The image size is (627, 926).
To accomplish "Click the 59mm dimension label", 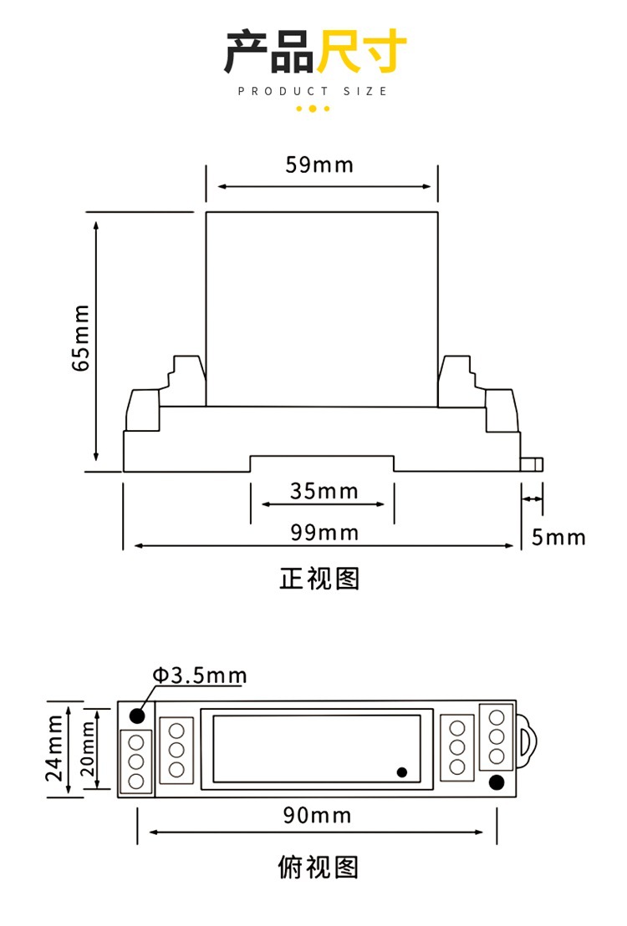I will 319,164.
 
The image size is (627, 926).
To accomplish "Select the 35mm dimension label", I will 324,491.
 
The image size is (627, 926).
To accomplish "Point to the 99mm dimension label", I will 324,533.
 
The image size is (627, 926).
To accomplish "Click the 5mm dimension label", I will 558,537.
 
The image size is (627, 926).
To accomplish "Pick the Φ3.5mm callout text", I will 200,675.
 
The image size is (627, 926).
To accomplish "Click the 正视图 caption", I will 319,579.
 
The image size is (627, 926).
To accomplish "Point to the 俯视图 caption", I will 319,868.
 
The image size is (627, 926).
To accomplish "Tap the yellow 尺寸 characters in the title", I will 361,53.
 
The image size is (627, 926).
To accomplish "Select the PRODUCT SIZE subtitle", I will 313,91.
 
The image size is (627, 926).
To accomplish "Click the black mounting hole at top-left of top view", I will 136,716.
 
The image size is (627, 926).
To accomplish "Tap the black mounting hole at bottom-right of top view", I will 497,782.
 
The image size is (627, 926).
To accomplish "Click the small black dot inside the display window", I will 402,772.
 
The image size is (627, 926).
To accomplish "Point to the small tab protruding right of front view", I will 532,463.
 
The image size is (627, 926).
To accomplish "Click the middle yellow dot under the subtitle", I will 313,109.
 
